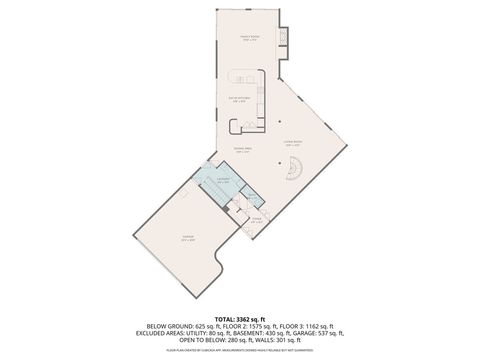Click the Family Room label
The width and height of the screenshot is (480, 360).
[x=250, y=39]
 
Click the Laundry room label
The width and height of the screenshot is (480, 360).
[x=224, y=181]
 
